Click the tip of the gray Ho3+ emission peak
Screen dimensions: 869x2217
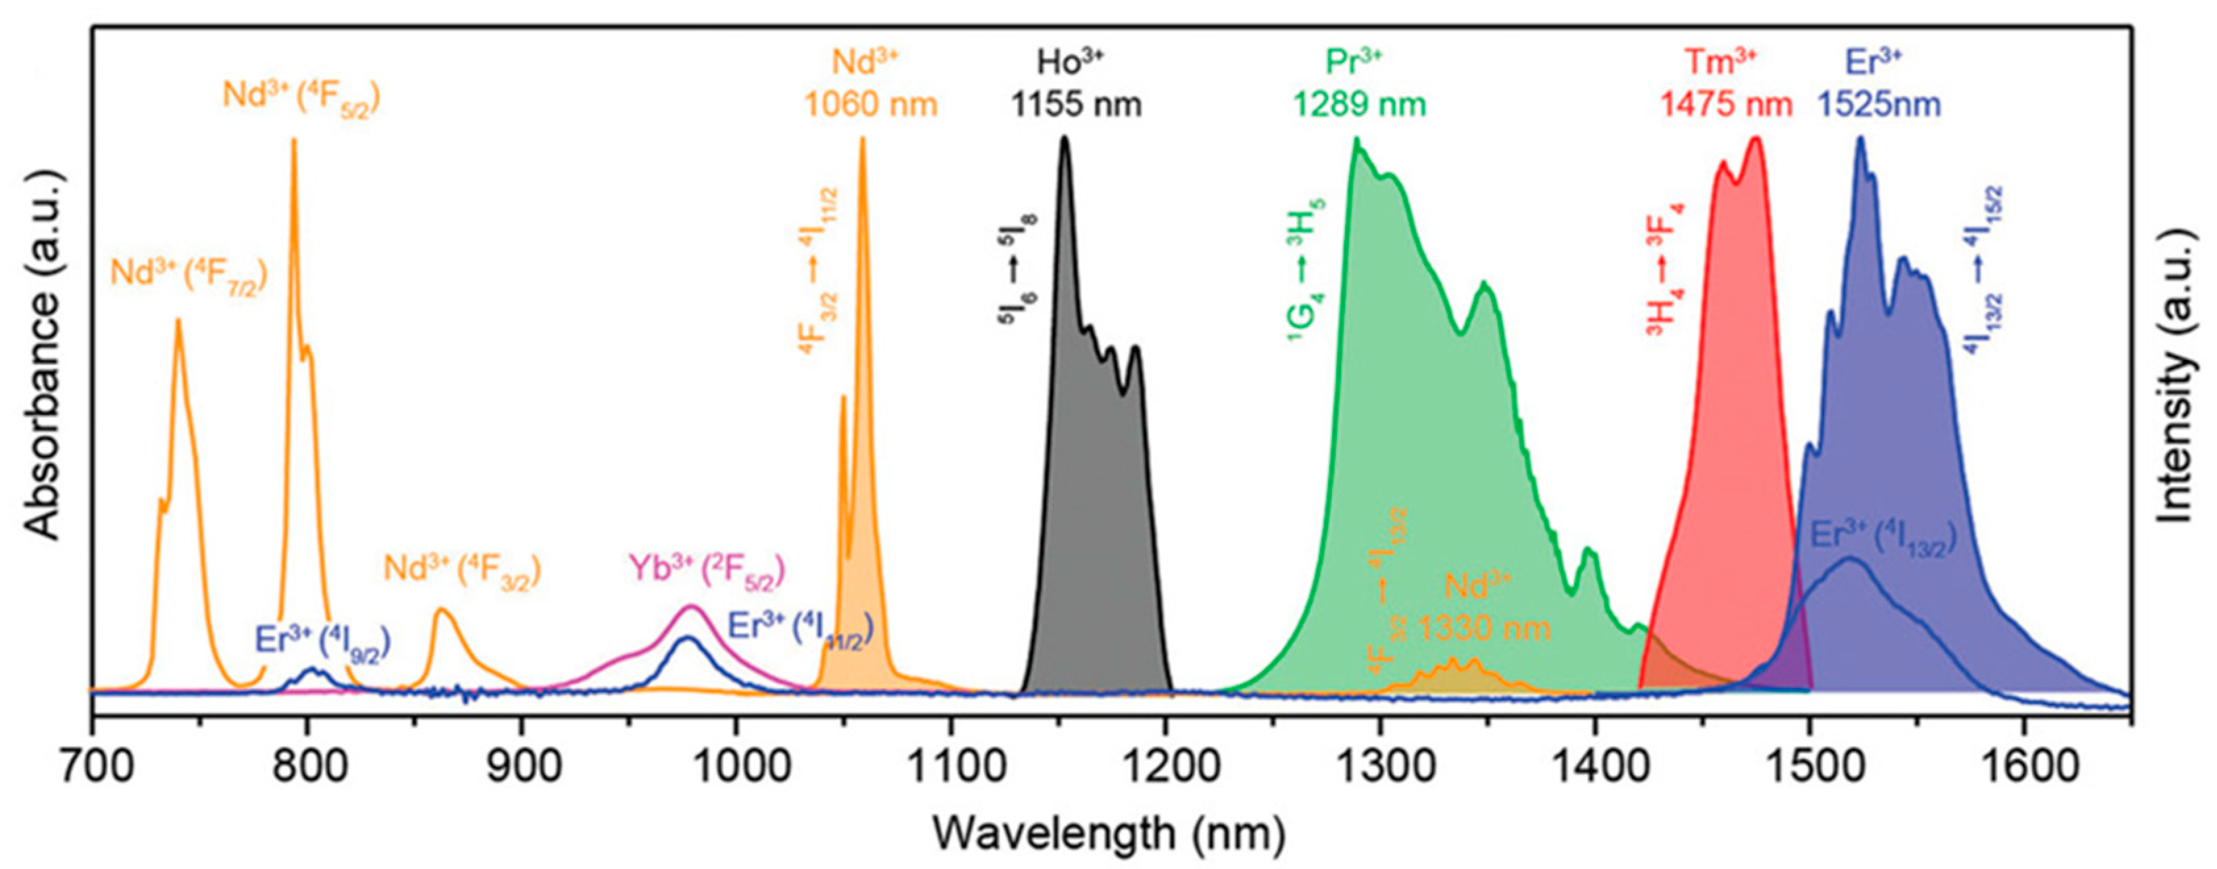click(x=1065, y=137)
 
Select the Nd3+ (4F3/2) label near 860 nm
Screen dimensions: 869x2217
click(x=461, y=570)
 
